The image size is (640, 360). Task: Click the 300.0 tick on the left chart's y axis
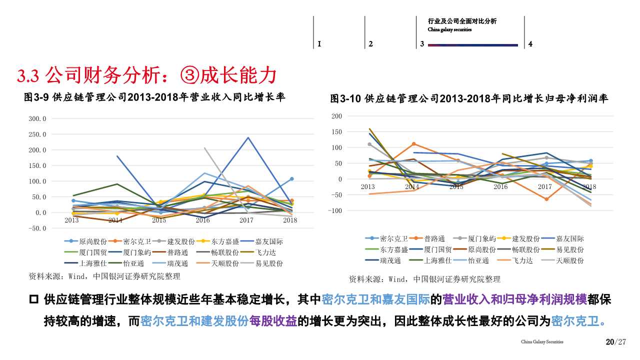[38, 119]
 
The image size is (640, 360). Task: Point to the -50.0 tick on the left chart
[37, 228]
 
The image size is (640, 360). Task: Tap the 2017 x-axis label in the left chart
[246, 220]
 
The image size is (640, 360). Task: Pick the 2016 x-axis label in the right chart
[500, 186]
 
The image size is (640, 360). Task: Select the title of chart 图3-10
[469, 99]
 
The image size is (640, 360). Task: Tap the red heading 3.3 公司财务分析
[147, 76]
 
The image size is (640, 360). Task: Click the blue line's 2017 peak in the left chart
[247, 137]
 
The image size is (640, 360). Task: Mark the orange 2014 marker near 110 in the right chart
[413, 144]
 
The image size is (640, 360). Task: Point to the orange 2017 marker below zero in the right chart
[546, 199]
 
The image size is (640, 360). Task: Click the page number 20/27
[615, 342]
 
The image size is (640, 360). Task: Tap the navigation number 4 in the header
[530, 44]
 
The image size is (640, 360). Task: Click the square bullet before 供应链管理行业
[34, 300]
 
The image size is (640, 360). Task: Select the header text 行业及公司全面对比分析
[462, 21]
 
